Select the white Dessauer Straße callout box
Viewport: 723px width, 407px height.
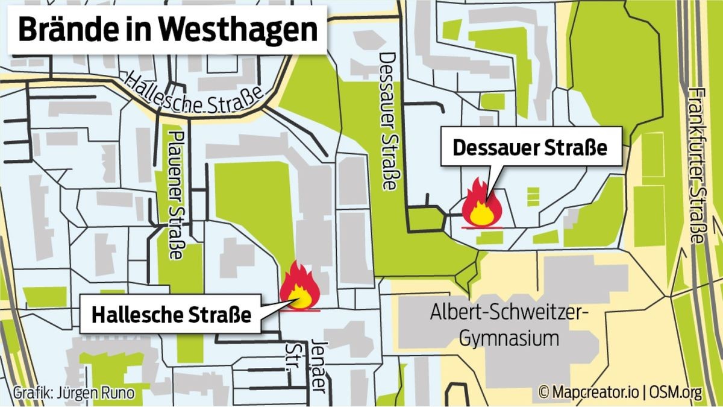click(530, 148)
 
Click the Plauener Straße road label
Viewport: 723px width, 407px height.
click(175, 193)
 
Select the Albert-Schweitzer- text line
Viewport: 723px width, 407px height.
click(509, 313)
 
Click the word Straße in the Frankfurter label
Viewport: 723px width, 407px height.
click(697, 215)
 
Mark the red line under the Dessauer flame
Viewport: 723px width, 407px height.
click(480, 227)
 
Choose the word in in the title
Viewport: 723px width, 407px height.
click(140, 30)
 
